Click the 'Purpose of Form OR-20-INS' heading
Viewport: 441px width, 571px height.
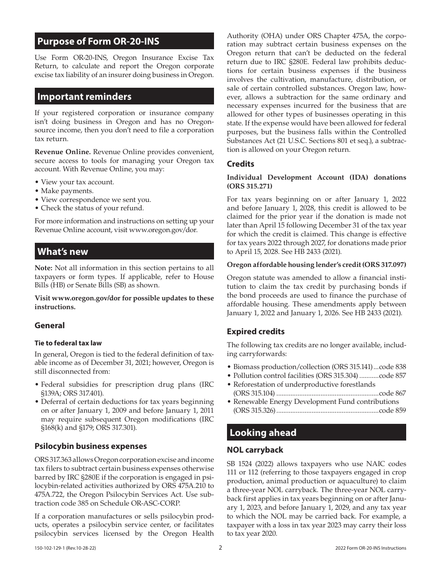pos(98,41)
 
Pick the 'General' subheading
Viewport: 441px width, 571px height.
pos(50,325)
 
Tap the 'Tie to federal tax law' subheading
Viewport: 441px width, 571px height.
pos(68,343)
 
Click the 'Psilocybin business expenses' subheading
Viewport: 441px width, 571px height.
pos(91,446)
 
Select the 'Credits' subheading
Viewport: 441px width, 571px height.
pos(240,164)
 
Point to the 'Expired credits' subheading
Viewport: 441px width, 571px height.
pos(255,331)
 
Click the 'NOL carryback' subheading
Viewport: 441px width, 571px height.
pos(254,450)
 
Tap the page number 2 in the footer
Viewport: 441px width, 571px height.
pos(220,547)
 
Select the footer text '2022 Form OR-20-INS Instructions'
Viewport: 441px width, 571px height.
pos(370,548)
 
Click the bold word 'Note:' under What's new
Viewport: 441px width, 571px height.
pos(44,268)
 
